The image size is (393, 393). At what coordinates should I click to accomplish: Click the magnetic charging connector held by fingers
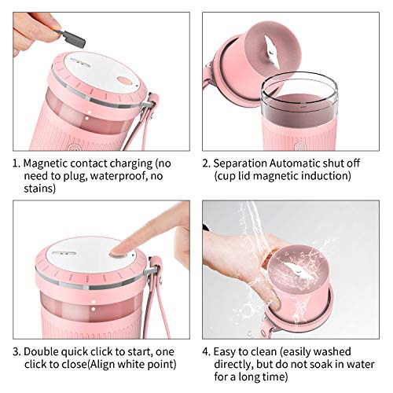pyautogui.click(x=72, y=39)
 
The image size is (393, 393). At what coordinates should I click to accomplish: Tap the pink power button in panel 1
pyautogui.click(x=125, y=80)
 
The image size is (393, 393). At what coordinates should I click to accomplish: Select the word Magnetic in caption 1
pyautogui.click(x=46, y=163)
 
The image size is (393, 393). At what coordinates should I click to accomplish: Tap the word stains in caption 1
pyautogui.click(x=39, y=189)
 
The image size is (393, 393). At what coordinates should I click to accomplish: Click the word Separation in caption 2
pyautogui.click(x=241, y=163)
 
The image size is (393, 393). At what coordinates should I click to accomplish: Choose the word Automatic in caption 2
pyautogui.click(x=295, y=163)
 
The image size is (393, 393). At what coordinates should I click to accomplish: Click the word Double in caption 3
pyautogui.click(x=41, y=352)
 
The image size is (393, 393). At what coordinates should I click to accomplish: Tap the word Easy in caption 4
pyautogui.click(x=226, y=352)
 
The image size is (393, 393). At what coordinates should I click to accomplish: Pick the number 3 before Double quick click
pyautogui.click(x=16, y=352)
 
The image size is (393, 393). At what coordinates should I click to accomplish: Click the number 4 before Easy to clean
pyautogui.click(x=206, y=352)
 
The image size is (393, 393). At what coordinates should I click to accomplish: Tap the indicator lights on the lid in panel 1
pyautogui.click(x=77, y=62)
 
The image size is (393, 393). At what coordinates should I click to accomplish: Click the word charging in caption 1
pyautogui.click(x=131, y=163)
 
